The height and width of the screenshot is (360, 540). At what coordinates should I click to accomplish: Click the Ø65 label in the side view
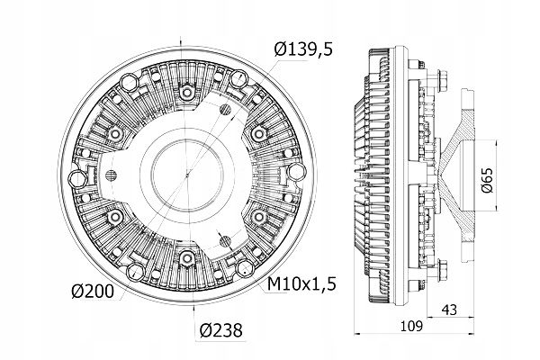489,175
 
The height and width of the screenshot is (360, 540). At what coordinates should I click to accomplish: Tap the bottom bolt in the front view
186,258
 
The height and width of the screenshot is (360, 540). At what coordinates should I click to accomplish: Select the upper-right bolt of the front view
259,133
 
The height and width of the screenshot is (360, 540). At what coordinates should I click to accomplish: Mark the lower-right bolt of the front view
259,217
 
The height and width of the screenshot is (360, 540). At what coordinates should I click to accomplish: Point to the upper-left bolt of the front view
114,133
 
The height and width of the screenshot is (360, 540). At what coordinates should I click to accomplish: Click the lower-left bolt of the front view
114,217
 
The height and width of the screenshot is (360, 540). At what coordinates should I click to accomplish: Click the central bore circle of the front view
186,175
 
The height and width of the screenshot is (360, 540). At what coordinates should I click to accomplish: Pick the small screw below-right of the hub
225,242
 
